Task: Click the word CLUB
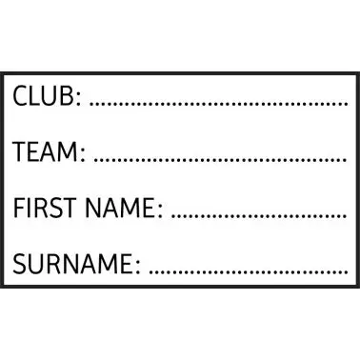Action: point(43,95)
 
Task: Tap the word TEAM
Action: point(45,151)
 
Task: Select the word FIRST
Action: point(45,208)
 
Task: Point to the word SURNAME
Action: point(71,264)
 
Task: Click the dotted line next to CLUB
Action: point(219,104)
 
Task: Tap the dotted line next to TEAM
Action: point(221,159)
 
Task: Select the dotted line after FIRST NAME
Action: point(259,215)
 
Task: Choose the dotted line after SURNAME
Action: point(249,271)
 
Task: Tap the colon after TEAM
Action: point(83,154)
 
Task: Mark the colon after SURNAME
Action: point(137,267)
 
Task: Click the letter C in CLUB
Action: point(19,95)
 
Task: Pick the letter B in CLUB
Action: point(67,95)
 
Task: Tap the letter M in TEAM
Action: point(68,151)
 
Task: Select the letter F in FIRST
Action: point(19,208)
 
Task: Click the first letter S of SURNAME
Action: point(19,264)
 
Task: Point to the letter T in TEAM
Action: point(20,151)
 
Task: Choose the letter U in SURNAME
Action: point(37,264)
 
